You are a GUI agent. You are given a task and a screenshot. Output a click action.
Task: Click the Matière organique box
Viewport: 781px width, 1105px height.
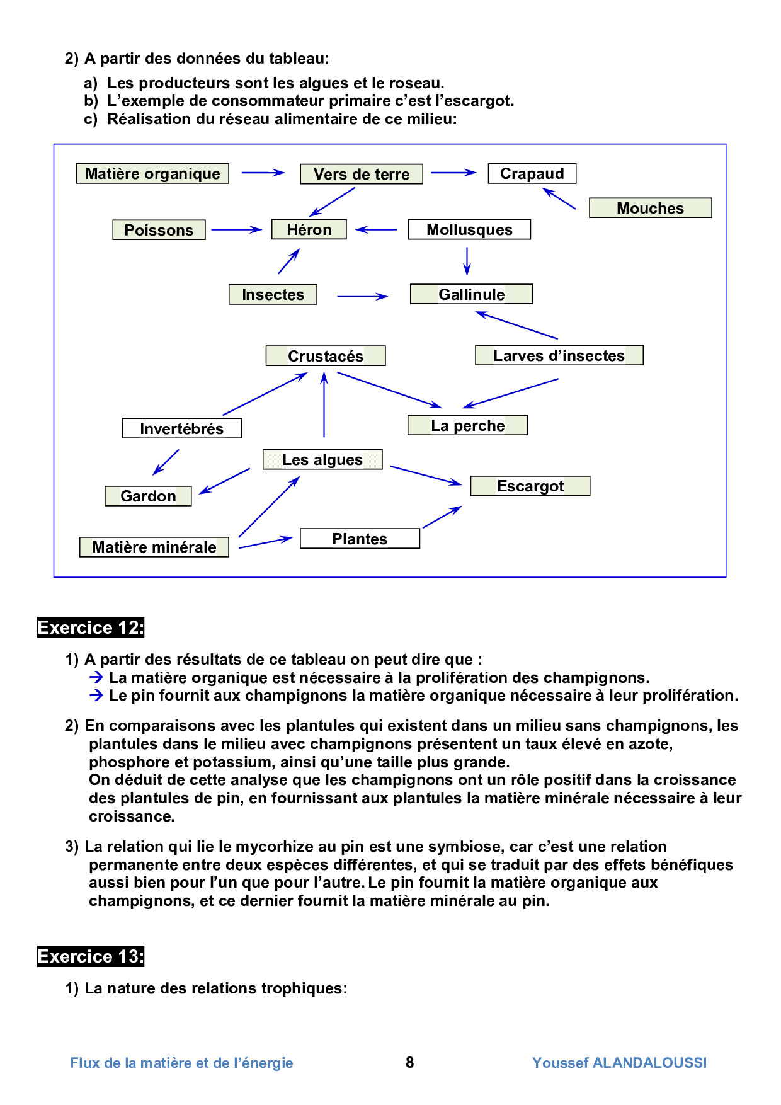[x=152, y=174]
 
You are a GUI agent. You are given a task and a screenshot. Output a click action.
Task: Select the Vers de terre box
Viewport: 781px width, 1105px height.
[x=362, y=175]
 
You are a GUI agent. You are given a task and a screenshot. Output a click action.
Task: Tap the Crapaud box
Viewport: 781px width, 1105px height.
[x=532, y=174]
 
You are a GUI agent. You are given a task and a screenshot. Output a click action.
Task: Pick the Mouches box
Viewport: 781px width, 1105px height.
[x=650, y=208]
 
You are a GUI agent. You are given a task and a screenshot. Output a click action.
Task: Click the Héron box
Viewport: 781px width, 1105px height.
[x=309, y=229]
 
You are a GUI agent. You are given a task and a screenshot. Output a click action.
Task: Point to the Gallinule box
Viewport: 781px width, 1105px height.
[x=471, y=294]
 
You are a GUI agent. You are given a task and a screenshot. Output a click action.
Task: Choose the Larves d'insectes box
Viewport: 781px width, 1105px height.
[x=559, y=355]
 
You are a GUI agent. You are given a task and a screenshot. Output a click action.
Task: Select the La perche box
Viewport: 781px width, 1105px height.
[x=467, y=425]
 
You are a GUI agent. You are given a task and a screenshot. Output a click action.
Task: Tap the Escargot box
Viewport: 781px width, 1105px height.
[x=530, y=486]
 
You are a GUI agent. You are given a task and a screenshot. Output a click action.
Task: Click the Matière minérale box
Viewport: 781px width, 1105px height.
[x=154, y=547]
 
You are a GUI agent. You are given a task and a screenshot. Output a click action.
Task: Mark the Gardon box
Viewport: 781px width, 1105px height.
[x=148, y=496]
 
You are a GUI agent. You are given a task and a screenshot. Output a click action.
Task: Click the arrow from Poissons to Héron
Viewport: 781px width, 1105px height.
[x=236, y=230]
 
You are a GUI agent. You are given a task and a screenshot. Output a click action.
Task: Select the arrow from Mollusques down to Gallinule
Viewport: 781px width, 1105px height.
[x=467, y=261]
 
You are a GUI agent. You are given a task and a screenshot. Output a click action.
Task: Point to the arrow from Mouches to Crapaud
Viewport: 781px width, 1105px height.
[x=559, y=198]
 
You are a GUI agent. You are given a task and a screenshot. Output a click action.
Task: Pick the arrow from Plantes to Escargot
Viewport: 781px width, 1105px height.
[x=442, y=517]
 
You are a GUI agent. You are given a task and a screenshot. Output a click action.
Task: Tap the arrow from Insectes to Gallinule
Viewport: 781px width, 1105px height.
[x=362, y=296]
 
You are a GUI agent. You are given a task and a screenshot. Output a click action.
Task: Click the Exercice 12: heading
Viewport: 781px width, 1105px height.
[x=91, y=627]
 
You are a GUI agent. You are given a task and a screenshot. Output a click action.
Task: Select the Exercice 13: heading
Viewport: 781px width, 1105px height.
[x=91, y=956]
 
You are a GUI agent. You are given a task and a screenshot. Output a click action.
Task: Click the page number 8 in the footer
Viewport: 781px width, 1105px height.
[x=410, y=1063]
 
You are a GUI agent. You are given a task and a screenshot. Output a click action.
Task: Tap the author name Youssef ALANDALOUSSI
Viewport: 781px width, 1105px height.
[x=619, y=1063]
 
